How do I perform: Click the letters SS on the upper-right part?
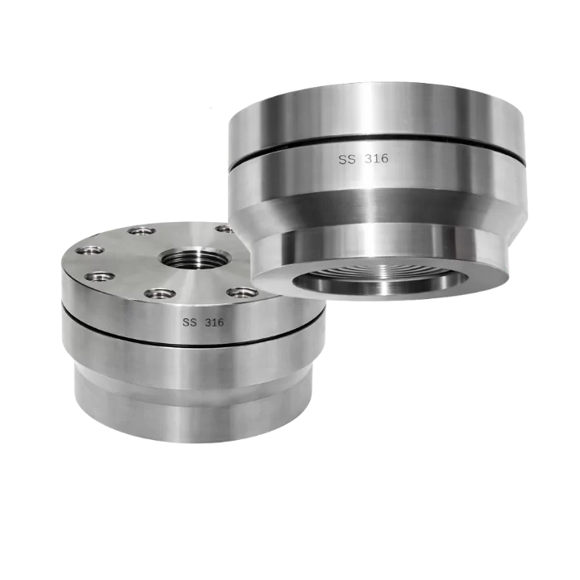[x=347, y=159]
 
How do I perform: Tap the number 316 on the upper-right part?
[x=376, y=159]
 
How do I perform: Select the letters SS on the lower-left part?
[x=190, y=322]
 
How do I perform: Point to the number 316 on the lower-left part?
[x=214, y=322]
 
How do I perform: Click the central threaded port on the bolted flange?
[x=195, y=259]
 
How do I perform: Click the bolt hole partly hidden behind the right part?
[x=225, y=229]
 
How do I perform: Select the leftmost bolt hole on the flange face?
[x=89, y=250]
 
